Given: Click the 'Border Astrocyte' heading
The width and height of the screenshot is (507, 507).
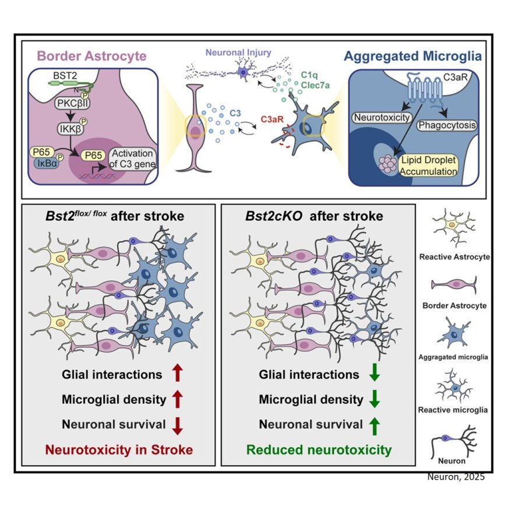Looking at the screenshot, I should pyautogui.click(x=92, y=57).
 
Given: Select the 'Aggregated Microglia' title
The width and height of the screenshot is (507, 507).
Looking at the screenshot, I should pyautogui.click(x=413, y=57).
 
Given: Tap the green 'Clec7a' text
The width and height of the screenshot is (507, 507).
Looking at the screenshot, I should pyautogui.click(x=314, y=87).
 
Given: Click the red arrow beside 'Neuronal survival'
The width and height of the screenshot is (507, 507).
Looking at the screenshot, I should pyautogui.click(x=178, y=425).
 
